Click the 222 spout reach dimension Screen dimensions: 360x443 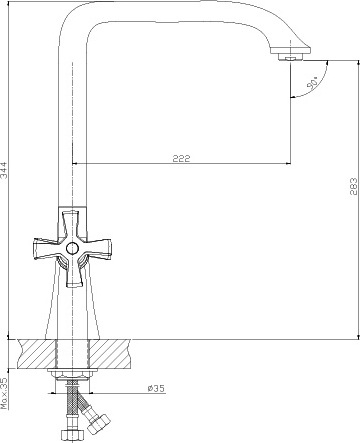click(x=182, y=158)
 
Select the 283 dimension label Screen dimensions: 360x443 click(x=354, y=186)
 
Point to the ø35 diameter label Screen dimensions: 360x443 click(x=156, y=388)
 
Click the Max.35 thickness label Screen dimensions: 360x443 click(x=4, y=393)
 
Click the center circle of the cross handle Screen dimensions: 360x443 click(x=72, y=248)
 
